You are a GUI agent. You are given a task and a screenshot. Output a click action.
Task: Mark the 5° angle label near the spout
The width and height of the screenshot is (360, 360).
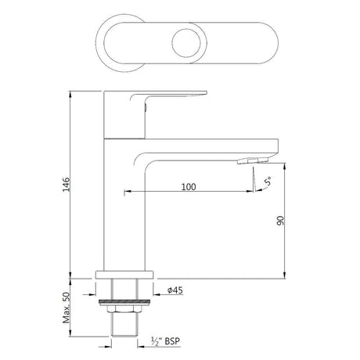point(268,183)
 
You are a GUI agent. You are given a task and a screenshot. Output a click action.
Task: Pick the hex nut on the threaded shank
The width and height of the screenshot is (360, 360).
point(127,310)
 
